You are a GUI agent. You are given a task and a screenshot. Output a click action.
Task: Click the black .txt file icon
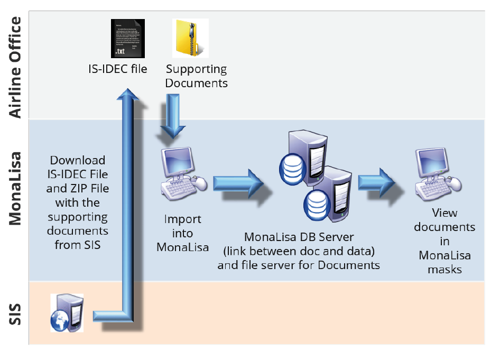127,39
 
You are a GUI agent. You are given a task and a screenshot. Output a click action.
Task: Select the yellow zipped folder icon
190,38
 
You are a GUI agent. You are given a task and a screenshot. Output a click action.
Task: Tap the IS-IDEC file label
117,69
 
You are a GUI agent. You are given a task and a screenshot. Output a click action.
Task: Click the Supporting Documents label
196,76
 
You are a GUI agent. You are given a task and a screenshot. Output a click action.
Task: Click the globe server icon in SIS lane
67,313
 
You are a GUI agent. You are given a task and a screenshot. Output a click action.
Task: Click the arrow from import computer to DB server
238,183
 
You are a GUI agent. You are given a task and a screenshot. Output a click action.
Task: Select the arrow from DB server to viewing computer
377,182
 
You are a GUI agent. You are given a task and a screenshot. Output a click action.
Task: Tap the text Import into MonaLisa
183,233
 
